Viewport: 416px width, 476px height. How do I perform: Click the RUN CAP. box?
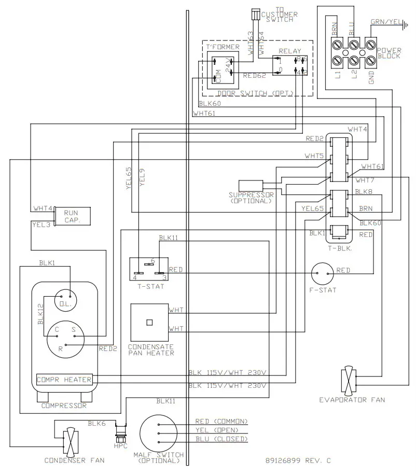coord(72,216)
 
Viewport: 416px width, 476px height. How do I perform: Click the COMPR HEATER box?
coord(64,380)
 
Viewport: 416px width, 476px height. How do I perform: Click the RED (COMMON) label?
coord(221,421)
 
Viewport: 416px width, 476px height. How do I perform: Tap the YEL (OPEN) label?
coord(217,430)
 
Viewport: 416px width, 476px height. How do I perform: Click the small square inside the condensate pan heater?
coord(149,322)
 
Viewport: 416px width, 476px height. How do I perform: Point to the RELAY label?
coord(290,51)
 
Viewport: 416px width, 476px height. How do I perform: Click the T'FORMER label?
coord(223,47)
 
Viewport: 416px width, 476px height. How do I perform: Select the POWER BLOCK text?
coord(389,53)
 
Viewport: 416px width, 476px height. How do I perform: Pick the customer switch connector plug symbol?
coord(254,14)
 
